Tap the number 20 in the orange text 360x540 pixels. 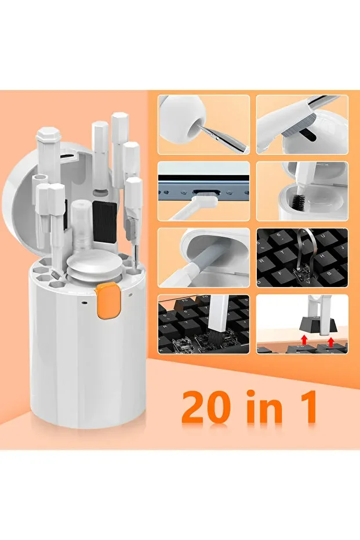[206, 407]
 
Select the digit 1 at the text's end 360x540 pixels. [306, 407]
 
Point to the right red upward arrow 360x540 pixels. [331, 342]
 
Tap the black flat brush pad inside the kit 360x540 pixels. [104, 222]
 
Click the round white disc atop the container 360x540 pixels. [93, 264]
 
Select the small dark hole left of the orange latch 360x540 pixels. [84, 303]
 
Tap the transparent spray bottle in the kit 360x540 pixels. [82, 224]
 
